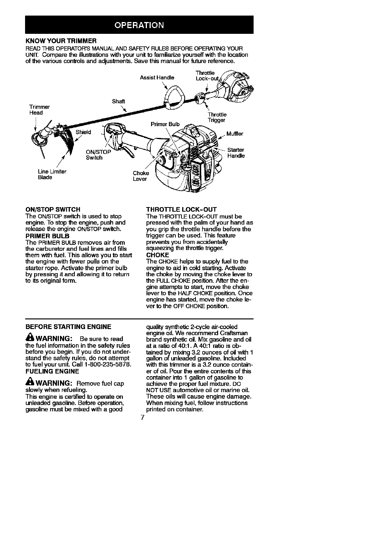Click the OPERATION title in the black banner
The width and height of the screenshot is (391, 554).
pyautogui.click(x=139, y=25)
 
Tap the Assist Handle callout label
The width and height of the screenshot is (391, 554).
pyautogui.click(x=157, y=78)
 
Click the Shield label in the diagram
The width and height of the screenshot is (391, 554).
pyautogui.click(x=83, y=132)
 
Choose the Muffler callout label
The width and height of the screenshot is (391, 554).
pyautogui.click(x=234, y=134)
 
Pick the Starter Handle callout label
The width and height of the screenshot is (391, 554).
pyautogui.click(x=236, y=153)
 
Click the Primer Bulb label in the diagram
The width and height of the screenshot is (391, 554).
pyautogui.click(x=165, y=124)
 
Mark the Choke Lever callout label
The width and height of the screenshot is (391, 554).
pyautogui.click(x=140, y=176)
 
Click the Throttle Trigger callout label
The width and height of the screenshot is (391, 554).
pyautogui.click(x=217, y=117)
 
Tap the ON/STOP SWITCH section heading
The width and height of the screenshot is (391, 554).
pyautogui.click(x=52, y=209)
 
